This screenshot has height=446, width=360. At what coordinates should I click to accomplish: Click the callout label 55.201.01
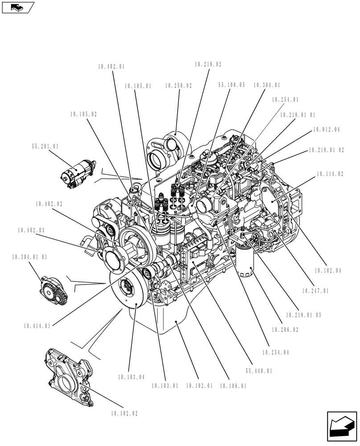[45, 146]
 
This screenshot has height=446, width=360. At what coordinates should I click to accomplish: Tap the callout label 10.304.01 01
[29, 257]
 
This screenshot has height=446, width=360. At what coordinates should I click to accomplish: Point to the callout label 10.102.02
[124, 413]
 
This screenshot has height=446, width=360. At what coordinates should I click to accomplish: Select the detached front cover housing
[71, 377]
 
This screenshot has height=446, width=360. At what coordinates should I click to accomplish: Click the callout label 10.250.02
[178, 86]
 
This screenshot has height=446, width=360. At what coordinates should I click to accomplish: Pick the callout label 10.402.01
[111, 67]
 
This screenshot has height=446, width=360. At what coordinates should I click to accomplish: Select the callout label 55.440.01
[258, 371]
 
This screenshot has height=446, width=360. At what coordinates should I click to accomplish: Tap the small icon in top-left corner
[18, 7]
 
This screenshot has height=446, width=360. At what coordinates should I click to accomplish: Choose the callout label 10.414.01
[37, 326]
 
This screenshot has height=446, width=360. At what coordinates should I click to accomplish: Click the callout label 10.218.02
[208, 65]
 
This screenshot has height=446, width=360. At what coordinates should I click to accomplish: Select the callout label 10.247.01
[315, 291]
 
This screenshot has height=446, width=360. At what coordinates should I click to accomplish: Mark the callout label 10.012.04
[326, 130]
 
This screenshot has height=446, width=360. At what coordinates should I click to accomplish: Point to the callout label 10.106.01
[233, 386]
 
